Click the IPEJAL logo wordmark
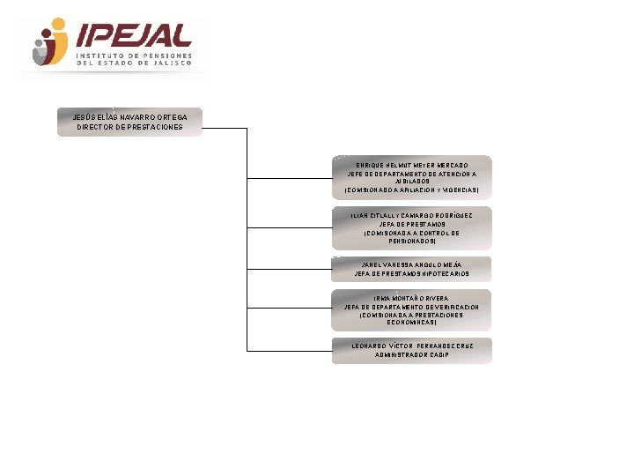(134, 35)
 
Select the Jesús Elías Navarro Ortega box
(129, 122)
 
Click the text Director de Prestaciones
(129, 127)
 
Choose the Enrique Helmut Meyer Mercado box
(411, 177)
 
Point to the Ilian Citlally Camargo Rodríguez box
(411, 228)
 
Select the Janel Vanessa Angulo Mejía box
(411, 269)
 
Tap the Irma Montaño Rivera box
(411, 310)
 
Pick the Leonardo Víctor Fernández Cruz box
(411, 350)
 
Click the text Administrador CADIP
(411, 355)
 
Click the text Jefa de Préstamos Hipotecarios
(411, 274)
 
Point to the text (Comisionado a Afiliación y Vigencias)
(411, 190)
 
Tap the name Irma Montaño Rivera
(411, 299)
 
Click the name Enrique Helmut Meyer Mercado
(411, 165)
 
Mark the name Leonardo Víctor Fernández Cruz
(411, 346)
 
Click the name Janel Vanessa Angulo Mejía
(411, 264)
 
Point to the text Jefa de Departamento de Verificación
(411, 307)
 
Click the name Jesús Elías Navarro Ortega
(129, 117)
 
